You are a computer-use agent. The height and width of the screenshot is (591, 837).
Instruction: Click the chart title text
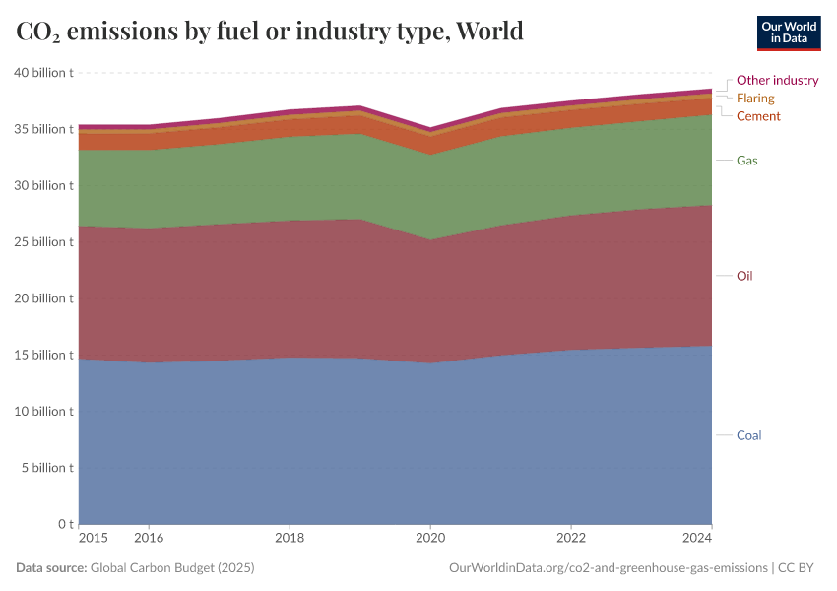(270, 32)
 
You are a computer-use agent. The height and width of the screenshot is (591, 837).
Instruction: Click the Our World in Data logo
(788, 33)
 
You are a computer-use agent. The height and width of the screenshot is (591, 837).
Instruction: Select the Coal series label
(749, 435)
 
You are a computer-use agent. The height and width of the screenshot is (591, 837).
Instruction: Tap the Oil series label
(744, 276)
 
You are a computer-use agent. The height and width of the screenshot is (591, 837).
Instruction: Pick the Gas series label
(747, 160)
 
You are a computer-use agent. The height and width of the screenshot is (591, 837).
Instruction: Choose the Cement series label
(758, 116)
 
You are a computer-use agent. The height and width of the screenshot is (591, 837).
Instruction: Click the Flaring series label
(755, 98)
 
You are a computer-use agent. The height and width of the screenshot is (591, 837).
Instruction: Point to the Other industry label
(777, 80)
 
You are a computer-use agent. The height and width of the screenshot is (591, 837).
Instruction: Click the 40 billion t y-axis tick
(43, 73)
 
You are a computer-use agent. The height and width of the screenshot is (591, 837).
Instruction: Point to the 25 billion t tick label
(43, 242)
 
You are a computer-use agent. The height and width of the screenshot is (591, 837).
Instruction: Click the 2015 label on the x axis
(92, 539)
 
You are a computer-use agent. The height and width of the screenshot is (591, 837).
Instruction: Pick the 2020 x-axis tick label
(429, 539)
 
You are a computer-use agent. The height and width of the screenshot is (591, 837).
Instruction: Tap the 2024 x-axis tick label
(697, 539)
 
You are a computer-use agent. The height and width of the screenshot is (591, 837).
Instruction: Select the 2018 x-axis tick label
(290, 539)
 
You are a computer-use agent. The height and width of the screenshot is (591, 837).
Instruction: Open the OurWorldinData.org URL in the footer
(608, 568)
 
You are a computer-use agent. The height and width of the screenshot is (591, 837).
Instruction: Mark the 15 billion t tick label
(43, 355)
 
